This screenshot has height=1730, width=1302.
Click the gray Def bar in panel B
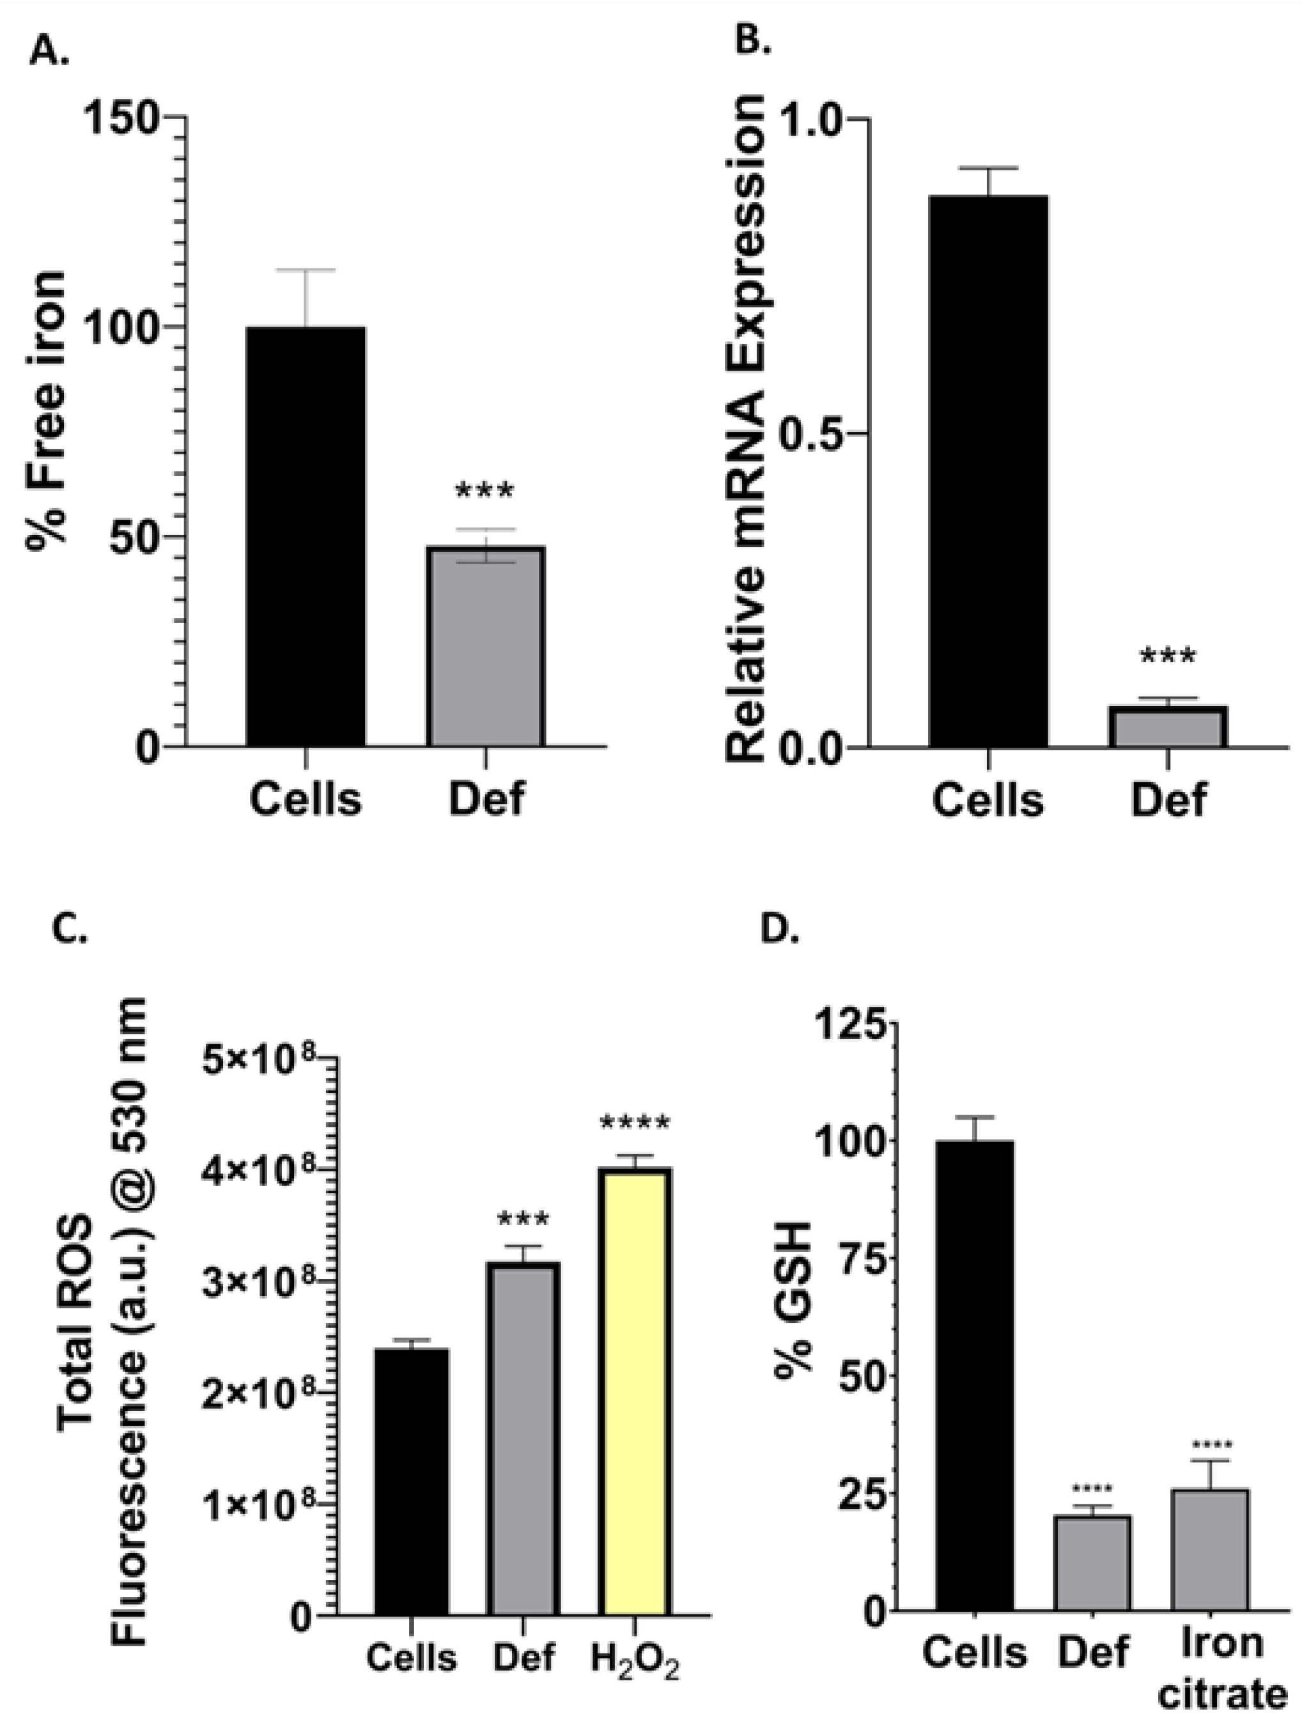1169,727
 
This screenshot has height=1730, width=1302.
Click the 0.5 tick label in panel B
813,434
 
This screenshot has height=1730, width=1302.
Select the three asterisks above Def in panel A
485,491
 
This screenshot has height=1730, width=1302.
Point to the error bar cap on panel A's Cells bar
305,270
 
